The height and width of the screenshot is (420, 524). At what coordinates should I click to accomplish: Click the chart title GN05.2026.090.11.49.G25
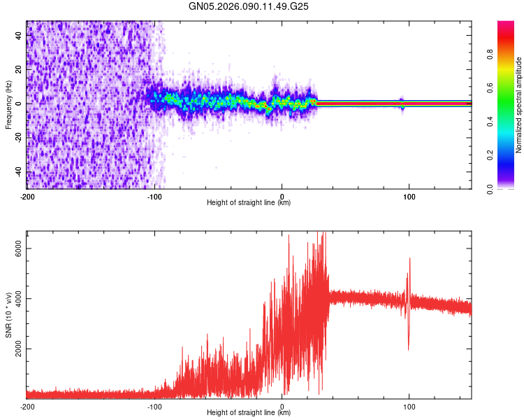(x=249, y=6)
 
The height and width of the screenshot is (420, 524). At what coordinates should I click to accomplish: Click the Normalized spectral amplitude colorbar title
(x=518, y=105)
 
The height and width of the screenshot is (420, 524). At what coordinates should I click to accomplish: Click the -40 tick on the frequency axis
(x=19, y=171)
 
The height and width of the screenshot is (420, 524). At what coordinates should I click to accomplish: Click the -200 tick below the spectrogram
(x=27, y=197)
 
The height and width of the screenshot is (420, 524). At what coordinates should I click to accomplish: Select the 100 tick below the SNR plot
(x=409, y=407)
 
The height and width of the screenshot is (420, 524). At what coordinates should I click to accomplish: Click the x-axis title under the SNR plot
(x=249, y=413)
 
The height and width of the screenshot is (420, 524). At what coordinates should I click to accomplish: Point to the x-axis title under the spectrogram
(x=249, y=203)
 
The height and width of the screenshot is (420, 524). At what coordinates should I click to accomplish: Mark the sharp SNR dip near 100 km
(x=408, y=348)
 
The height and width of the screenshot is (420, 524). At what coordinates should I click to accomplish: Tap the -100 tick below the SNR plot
(x=154, y=407)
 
